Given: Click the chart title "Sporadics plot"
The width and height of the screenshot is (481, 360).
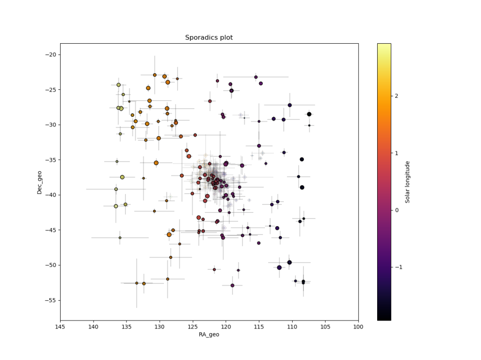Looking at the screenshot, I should coord(209,38).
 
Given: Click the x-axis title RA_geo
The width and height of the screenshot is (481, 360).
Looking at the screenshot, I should coord(209,335).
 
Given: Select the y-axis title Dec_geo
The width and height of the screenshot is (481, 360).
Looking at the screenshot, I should coord(40,182).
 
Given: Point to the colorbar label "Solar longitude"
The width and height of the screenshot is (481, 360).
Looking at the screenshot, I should coord(408,182).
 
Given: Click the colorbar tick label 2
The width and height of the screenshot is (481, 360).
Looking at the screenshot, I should coord(397,96).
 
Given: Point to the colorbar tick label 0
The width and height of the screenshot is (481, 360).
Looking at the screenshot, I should coord(397,210).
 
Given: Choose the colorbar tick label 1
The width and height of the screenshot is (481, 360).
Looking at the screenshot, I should coord(397,153).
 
